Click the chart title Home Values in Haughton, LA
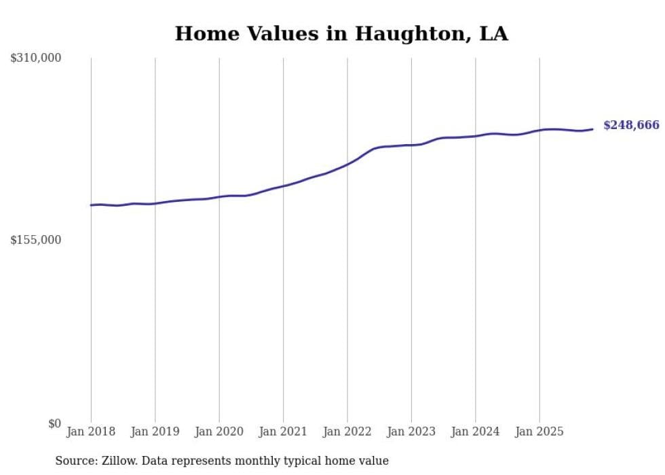[341, 33]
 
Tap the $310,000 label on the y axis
[36, 58]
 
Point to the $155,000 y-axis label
[36, 240]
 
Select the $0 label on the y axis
[54, 423]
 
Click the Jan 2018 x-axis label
[91, 432]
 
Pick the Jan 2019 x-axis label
[155, 432]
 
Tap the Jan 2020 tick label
[219, 432]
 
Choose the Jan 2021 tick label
[283, 432]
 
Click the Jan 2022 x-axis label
[347, 432]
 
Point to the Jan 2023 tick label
[411, 432]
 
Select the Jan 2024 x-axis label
[475, 432]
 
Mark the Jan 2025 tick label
[539, 432]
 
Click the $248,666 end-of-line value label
[631, 125]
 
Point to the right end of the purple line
[592, 129]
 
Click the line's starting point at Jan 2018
[91, 205]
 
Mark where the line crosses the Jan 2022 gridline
[347, 164]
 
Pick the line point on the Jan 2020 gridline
[219, 197]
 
